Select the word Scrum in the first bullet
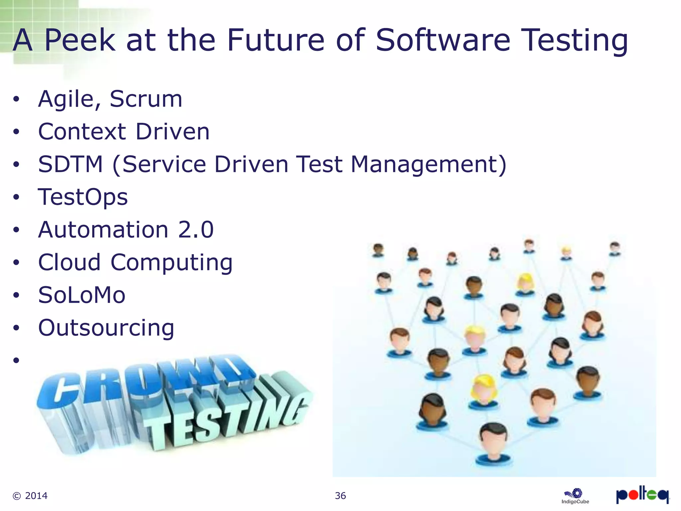point(146,99)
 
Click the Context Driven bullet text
point(124,132)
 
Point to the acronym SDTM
point(70,164)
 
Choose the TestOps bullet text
point(83,197)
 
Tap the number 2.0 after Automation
point(196,230)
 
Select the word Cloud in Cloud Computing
point(69,262)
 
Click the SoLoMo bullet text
point(82,295)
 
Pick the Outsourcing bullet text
point(106,328)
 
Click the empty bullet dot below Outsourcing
point(16,360)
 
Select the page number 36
point(340,496)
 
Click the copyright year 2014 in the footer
point(36,496)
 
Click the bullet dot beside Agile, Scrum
point(16,99)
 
